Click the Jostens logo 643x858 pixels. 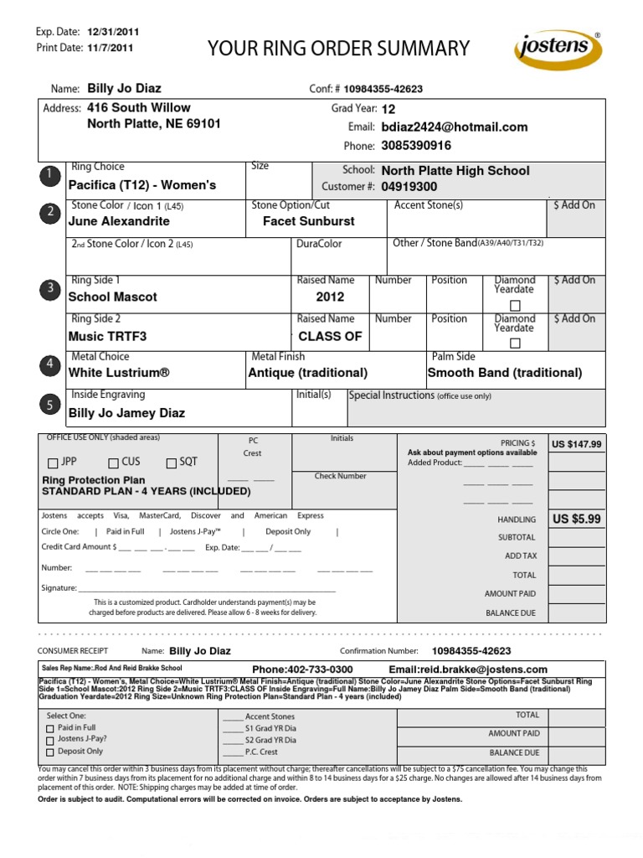557,50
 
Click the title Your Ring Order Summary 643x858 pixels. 338,49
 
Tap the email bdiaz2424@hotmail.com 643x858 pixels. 454,127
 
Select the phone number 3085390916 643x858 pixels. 416,146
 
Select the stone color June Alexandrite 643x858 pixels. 119,221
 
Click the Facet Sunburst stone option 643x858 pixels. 308,221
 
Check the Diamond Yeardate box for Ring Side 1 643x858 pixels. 515,305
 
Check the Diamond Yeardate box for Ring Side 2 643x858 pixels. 515,344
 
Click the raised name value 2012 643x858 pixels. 330,297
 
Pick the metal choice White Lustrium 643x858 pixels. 119,373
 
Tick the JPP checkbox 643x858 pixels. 54,463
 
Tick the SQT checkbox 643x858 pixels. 172,463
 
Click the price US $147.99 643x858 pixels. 576,444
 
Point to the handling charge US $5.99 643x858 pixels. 576,519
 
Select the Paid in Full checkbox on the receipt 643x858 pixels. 49,729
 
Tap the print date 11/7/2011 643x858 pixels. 109,48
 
